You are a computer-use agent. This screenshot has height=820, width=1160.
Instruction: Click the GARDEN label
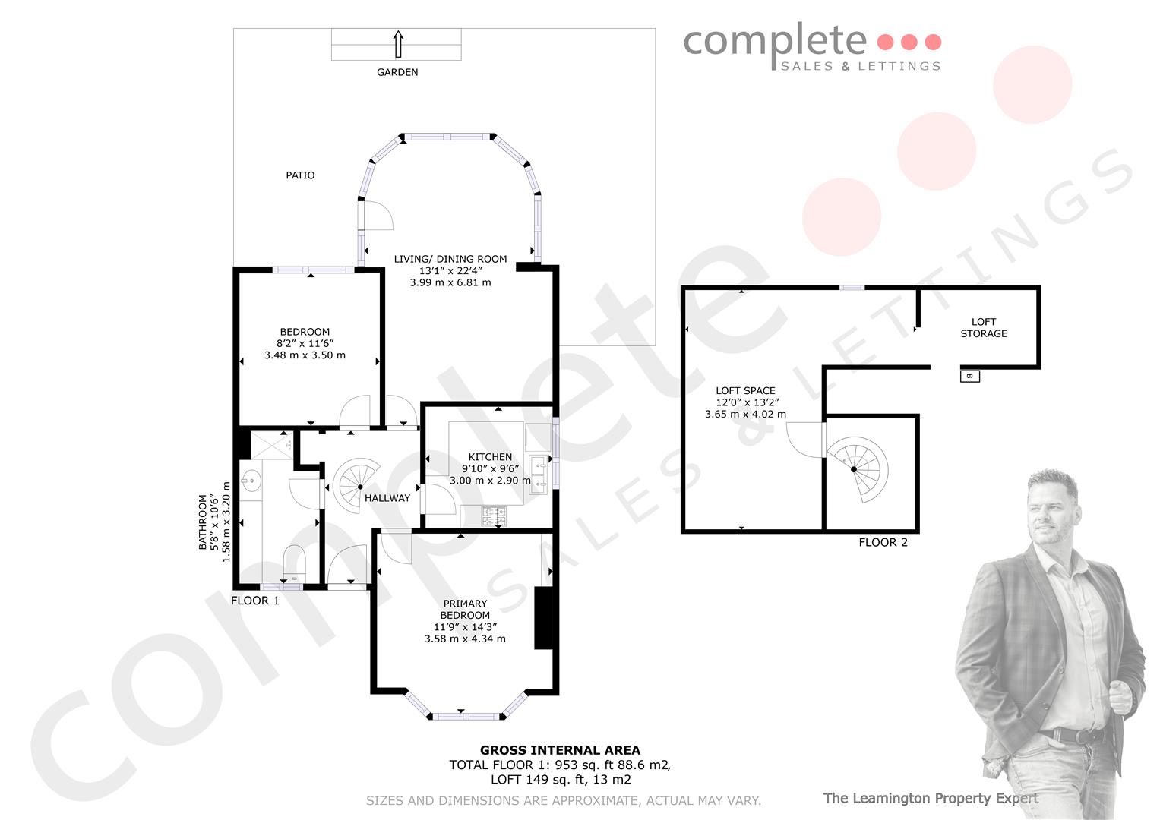click(397, 72)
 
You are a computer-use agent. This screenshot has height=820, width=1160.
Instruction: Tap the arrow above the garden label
click(398, 44)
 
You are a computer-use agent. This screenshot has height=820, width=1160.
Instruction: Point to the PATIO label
click(300, 175)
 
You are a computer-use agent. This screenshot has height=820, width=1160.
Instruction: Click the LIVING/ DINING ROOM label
click(450, 259)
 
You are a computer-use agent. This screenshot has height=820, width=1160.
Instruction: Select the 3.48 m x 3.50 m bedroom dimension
click(305, 355)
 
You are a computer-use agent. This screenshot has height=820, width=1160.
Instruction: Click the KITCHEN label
click(490, 457)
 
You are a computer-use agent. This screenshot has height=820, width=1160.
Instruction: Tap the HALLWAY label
click(387, 498)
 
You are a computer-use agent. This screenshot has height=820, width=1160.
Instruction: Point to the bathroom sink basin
click(251, 481)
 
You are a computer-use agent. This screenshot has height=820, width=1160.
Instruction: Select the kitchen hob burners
click(494, 516)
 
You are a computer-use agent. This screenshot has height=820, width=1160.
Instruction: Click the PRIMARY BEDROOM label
click(465, 609)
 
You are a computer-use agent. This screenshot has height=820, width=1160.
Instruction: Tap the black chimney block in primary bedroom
click(544, 617)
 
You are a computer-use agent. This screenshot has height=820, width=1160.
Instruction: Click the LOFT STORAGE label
click(984, 328)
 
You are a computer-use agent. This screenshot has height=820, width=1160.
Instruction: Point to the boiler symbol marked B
click(970, 377)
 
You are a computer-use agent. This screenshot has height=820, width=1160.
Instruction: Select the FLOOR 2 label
click(883, 543)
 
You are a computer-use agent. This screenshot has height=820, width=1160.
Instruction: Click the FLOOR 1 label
click(254, 601)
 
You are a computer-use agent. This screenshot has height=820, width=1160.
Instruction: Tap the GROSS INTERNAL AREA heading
click(560, 750)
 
